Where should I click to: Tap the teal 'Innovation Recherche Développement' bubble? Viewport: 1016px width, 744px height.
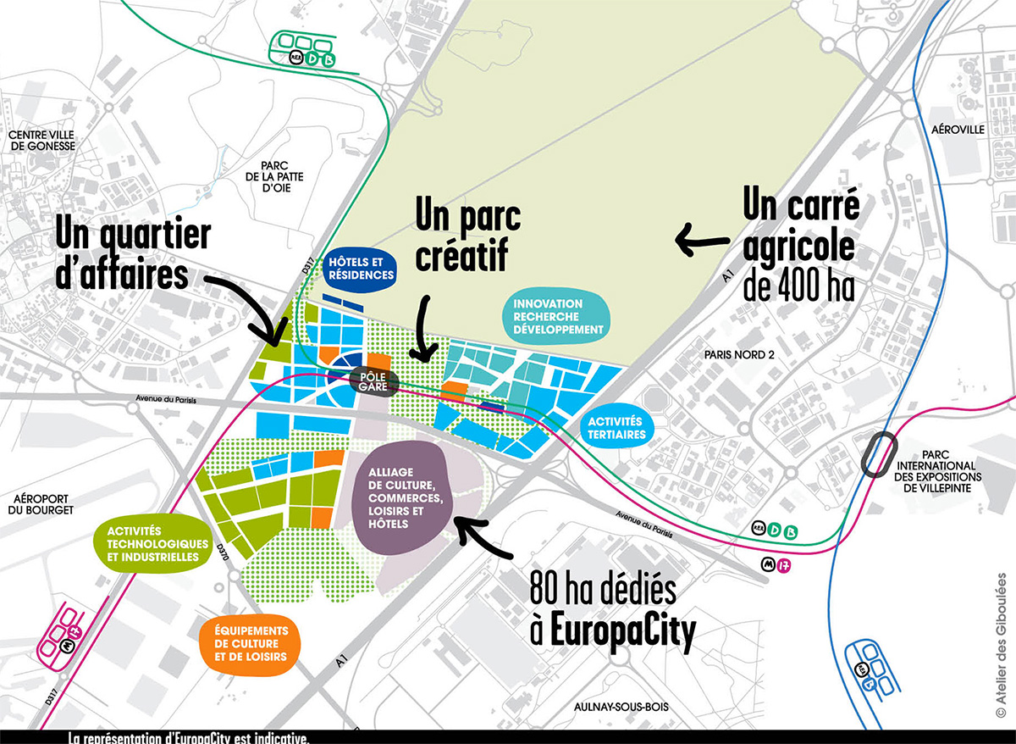pyautogui.click(x=555, y=316)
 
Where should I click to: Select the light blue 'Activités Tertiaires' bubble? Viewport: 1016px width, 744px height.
pyautogui.click(x=618, y=427)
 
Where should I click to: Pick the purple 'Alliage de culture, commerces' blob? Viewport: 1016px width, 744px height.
pyautogui.click(x=400, y=497)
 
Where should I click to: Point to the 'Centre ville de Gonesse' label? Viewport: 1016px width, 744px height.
pyautogui.click(x=41, y=140)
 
